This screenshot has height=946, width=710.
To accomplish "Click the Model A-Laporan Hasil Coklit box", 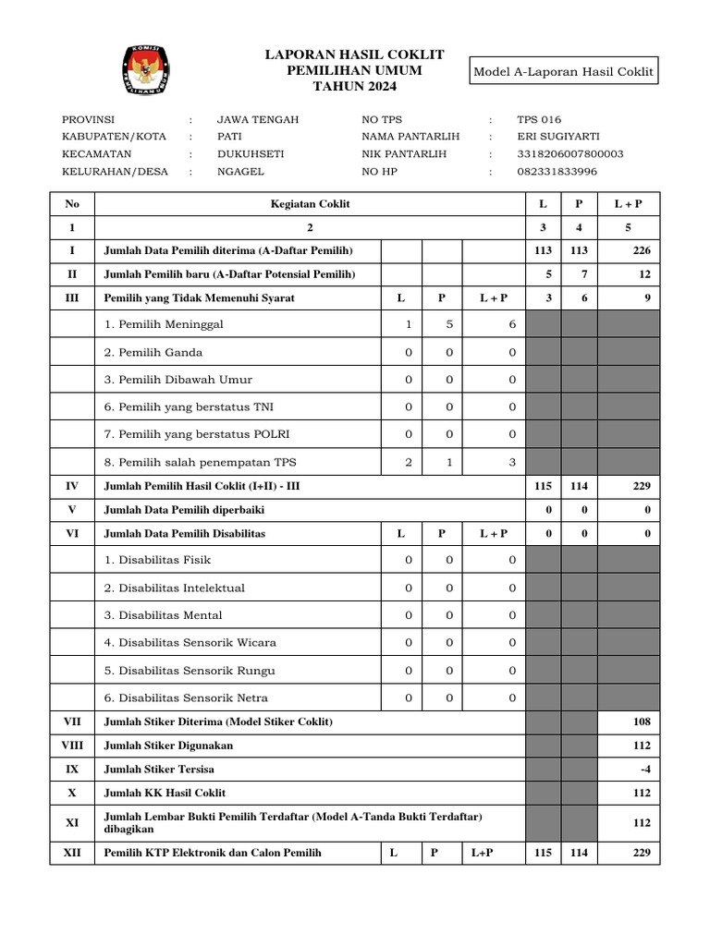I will coord(564,71).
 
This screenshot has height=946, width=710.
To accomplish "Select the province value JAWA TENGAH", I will coord(257,119).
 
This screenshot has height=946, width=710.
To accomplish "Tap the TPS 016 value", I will coord(539,119).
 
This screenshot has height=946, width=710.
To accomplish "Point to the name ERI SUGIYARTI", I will coord(557,136).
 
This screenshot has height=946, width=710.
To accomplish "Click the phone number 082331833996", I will coord(557,171).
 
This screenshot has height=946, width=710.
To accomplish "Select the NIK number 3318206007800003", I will coord(570,153).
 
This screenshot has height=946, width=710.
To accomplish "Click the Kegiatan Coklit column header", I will coord(310,202).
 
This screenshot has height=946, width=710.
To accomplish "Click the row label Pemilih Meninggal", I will coord(164,324).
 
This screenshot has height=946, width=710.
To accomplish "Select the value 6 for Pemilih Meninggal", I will coord(512,324).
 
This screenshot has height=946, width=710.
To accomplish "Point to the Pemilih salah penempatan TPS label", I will coord(200,462).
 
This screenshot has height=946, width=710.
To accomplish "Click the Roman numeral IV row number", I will coord(72,485).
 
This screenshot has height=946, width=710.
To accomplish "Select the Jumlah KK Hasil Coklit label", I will coord(165,793).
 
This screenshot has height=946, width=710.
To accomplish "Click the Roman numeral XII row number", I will coord(72,853).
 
